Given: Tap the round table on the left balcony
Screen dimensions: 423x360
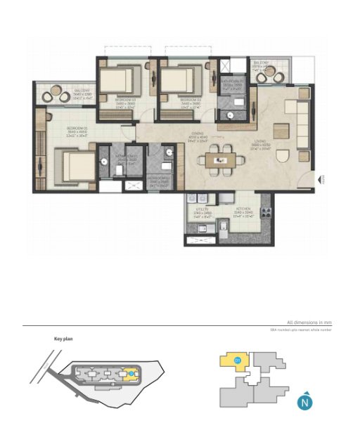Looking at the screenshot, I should click(54, 94).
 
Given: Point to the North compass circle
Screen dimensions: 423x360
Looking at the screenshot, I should click(304, 403).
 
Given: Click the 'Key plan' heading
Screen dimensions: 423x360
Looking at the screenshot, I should click(64, 339).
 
